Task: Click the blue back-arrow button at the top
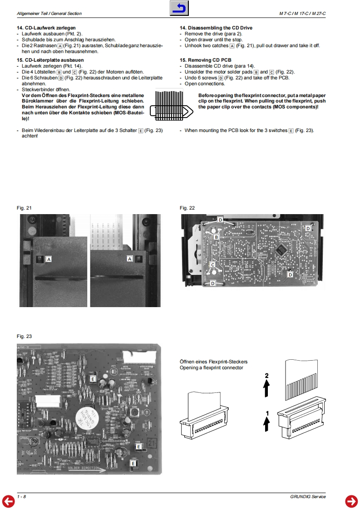click(x=180, y=8)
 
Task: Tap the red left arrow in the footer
click(x=8, y=501)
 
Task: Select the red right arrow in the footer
click(x=351, y=501)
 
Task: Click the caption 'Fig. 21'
click(x=24, y=208)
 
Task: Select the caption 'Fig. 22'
click(x=187, y=208)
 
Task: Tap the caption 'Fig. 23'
click(x=24, y=336)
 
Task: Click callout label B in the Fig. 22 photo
click(x=217, y=237)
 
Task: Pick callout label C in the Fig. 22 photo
click(x=212, y=264)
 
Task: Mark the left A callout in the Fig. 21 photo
click(x=49, y=259)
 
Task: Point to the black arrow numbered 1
click(x=267, y=421)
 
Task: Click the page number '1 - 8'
click(x=21, y=497)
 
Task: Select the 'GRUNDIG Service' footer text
click(x=308, y=497)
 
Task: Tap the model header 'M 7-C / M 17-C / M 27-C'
click(x=302, y=14)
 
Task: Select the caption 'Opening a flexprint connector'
click(x=211, y=367)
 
